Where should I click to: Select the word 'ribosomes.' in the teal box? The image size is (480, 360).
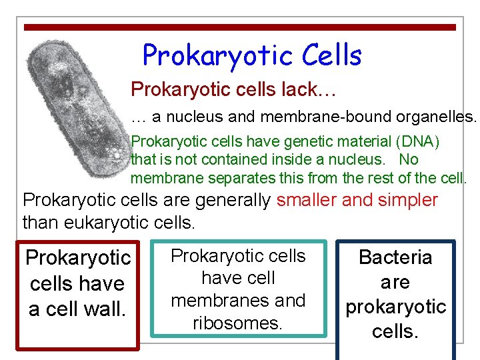[238, 323]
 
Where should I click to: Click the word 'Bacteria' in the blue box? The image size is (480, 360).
[395, 257]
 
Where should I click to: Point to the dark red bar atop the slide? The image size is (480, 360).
[240, 27]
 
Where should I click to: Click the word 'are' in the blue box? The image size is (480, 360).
[395, 282]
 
